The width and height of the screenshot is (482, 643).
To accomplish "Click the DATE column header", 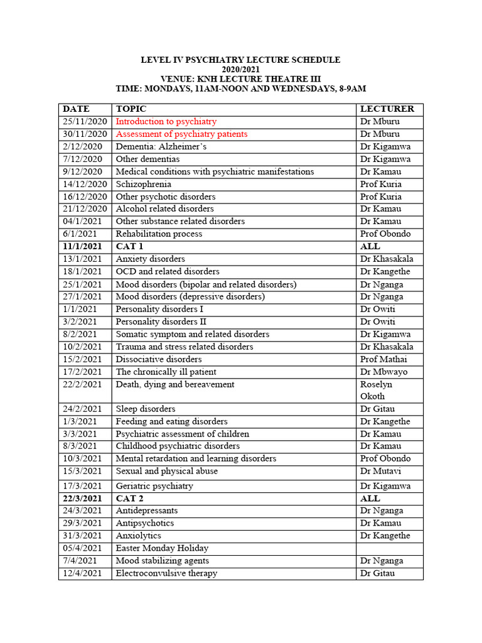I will (x=76, y=109).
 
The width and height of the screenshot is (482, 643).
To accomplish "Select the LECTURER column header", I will (x=387, y=109).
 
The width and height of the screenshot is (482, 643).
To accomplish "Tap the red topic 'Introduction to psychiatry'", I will (x=166, y=122).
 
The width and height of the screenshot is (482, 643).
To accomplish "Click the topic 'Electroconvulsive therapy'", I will (x=166, y=573).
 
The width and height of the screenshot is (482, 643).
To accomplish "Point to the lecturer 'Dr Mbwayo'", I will (x=384, y=372).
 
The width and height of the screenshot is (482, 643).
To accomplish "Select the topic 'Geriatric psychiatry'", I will (x=154, y=486).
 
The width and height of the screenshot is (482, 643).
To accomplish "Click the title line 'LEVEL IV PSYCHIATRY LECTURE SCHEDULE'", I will (x=240, y=60).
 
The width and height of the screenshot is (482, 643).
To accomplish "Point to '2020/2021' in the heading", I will (x=240, y=69).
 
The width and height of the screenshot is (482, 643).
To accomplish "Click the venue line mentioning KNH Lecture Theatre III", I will (x=240, y=78).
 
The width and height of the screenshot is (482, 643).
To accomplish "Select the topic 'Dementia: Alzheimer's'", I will (x=161, y=146).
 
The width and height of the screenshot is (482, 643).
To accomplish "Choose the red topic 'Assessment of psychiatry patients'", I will (x=181, y=134).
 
